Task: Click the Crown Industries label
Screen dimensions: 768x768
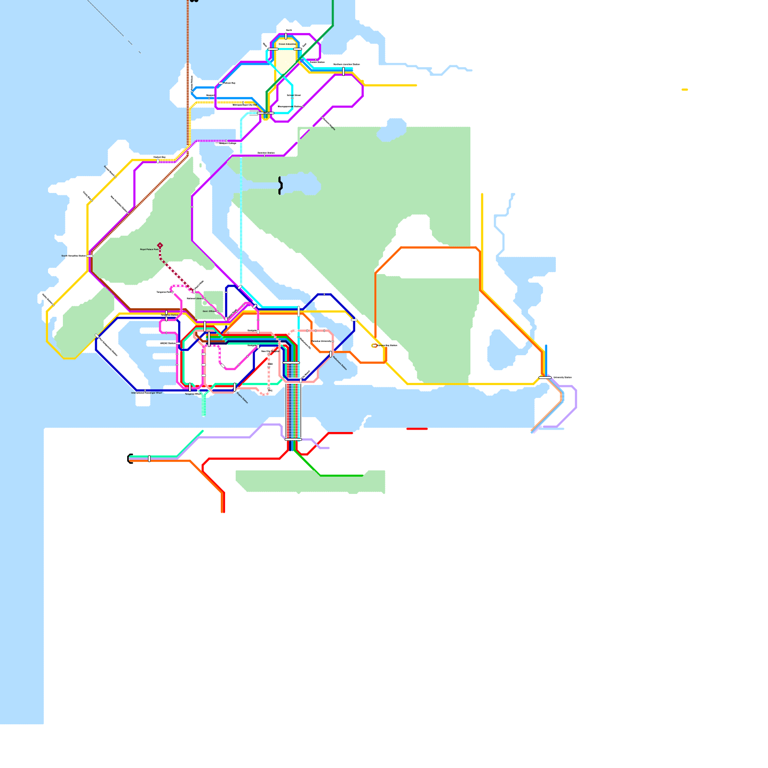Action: [288, 44]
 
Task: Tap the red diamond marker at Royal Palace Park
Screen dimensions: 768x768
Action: [160, 245]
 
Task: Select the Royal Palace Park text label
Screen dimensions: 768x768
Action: [149, 250]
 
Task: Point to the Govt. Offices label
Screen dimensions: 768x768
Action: [209, 312]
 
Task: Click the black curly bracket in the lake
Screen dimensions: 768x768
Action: [280, 185]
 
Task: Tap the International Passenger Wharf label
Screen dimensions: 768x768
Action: [147, 393]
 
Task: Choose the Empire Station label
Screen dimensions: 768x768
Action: [242, 398]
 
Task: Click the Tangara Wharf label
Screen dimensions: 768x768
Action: [193, 394]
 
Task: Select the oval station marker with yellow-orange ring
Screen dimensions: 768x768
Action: [374, 346]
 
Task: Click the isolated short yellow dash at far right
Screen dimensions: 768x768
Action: [684, 89]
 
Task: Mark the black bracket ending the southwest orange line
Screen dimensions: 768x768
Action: [130, 459]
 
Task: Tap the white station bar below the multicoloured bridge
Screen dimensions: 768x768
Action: [293, 439]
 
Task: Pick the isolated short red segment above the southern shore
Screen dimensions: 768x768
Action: [417, 429]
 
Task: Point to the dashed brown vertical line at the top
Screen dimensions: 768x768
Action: [188, 29]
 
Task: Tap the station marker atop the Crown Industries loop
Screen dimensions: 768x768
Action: [286, 36]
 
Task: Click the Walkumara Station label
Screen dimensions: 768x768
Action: [339, 363]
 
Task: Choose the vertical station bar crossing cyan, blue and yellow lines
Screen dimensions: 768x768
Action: [343, 71]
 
